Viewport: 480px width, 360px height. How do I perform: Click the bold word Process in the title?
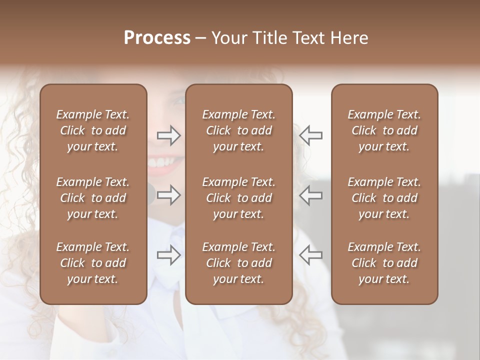(157, 38)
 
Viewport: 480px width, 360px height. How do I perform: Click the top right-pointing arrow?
(169, 135)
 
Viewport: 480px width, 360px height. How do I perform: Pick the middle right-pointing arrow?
(169, 194)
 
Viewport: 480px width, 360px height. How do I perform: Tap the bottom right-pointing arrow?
(169, 254)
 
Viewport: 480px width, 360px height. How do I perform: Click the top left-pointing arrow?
(310, 135)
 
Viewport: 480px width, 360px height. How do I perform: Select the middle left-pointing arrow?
(310, 194)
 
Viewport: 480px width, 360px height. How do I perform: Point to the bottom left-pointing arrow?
(310, 254)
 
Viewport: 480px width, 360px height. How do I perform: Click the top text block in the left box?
(93, 130)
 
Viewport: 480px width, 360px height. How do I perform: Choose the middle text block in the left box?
(93, 198)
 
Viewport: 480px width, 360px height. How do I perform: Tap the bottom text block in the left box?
(93, 263)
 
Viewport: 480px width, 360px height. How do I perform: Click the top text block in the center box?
(238, 130)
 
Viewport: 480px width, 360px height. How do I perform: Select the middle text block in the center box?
(238, 198)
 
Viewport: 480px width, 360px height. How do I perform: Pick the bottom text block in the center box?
(238, 263)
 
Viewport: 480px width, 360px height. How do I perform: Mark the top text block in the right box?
(384, 130)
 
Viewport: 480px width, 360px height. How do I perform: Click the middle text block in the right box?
(384, 198)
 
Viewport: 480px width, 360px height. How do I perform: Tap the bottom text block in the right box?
(384, 263)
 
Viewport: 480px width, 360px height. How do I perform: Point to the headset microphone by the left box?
(150, 193)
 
